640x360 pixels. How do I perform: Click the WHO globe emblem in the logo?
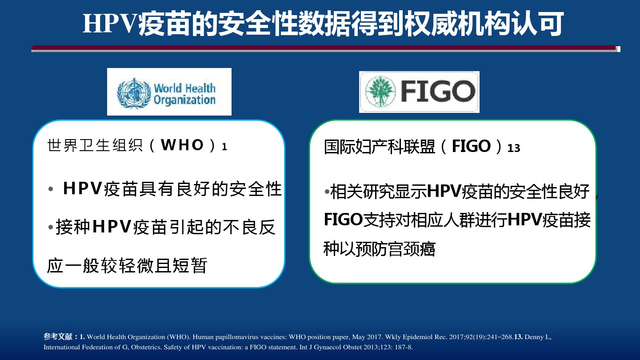coord(134,93)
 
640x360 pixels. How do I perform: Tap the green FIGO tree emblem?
coord(380,92)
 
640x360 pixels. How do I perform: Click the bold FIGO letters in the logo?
coord(438,91)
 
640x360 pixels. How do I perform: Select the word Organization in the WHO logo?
coord(184,100)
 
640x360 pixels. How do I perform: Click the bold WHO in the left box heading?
coord(182,145)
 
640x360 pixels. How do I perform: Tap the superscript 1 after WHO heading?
coord(224,147)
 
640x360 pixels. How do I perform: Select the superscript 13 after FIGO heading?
coord(514,148)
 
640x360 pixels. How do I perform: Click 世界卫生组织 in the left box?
coord(95,145)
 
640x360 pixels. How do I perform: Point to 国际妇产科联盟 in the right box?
coord(380,147)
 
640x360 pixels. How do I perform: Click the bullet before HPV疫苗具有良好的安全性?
coord(51,189)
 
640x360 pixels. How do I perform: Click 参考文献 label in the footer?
coord(58,336)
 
